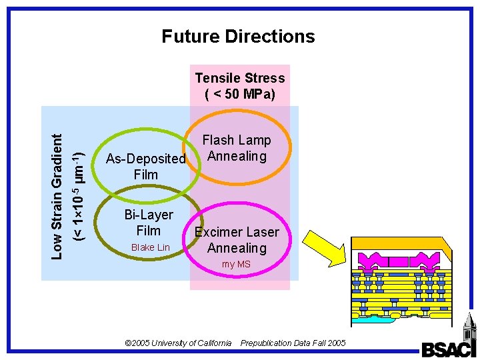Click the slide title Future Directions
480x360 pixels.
coord(238,36)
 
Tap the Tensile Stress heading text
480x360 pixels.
coord(240,78)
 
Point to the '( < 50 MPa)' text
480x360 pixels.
coord(240,94)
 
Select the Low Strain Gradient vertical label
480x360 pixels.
coord(58,195)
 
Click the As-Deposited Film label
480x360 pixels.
coord(145,167)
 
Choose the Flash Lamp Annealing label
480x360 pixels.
coord(237,148)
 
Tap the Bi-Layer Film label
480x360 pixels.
coord(149,223)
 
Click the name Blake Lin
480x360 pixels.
coord(151,247)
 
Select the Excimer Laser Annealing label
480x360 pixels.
coord(237,240)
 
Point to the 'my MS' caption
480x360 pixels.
coord(236,265)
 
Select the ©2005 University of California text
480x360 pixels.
coord(179,343)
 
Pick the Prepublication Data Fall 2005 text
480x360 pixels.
coord(293,343)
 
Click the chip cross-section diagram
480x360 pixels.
coord(401,283)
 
